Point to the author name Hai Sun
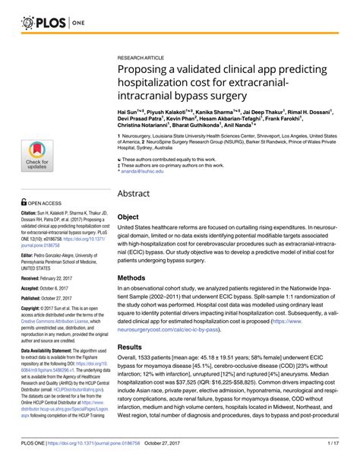coord(127,111)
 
